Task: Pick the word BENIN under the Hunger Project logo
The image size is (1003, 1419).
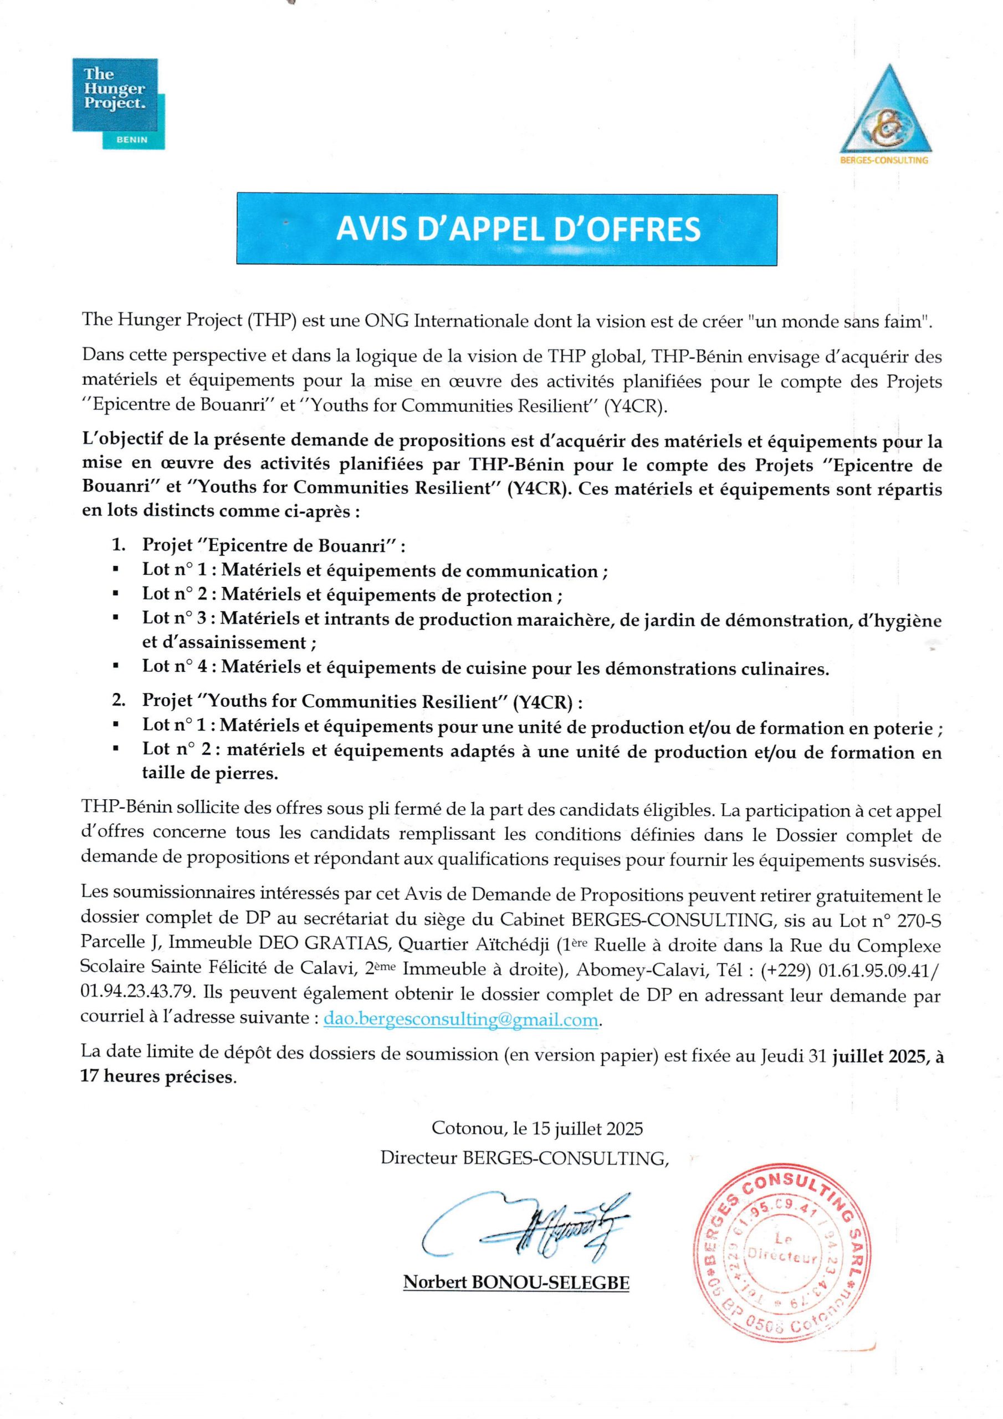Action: click(x=132, y=140)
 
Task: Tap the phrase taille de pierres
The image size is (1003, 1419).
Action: click(x=210, y=774)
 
